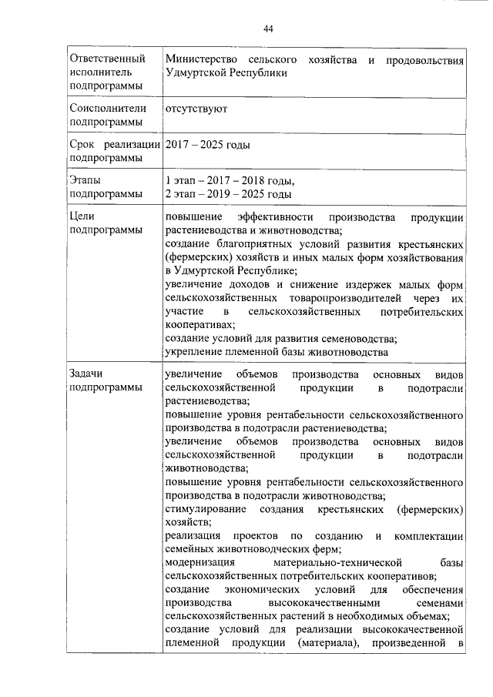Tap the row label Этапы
(85, 180)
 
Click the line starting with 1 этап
(230, 180)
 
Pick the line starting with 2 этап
(228, 193)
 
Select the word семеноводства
(356, 339)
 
